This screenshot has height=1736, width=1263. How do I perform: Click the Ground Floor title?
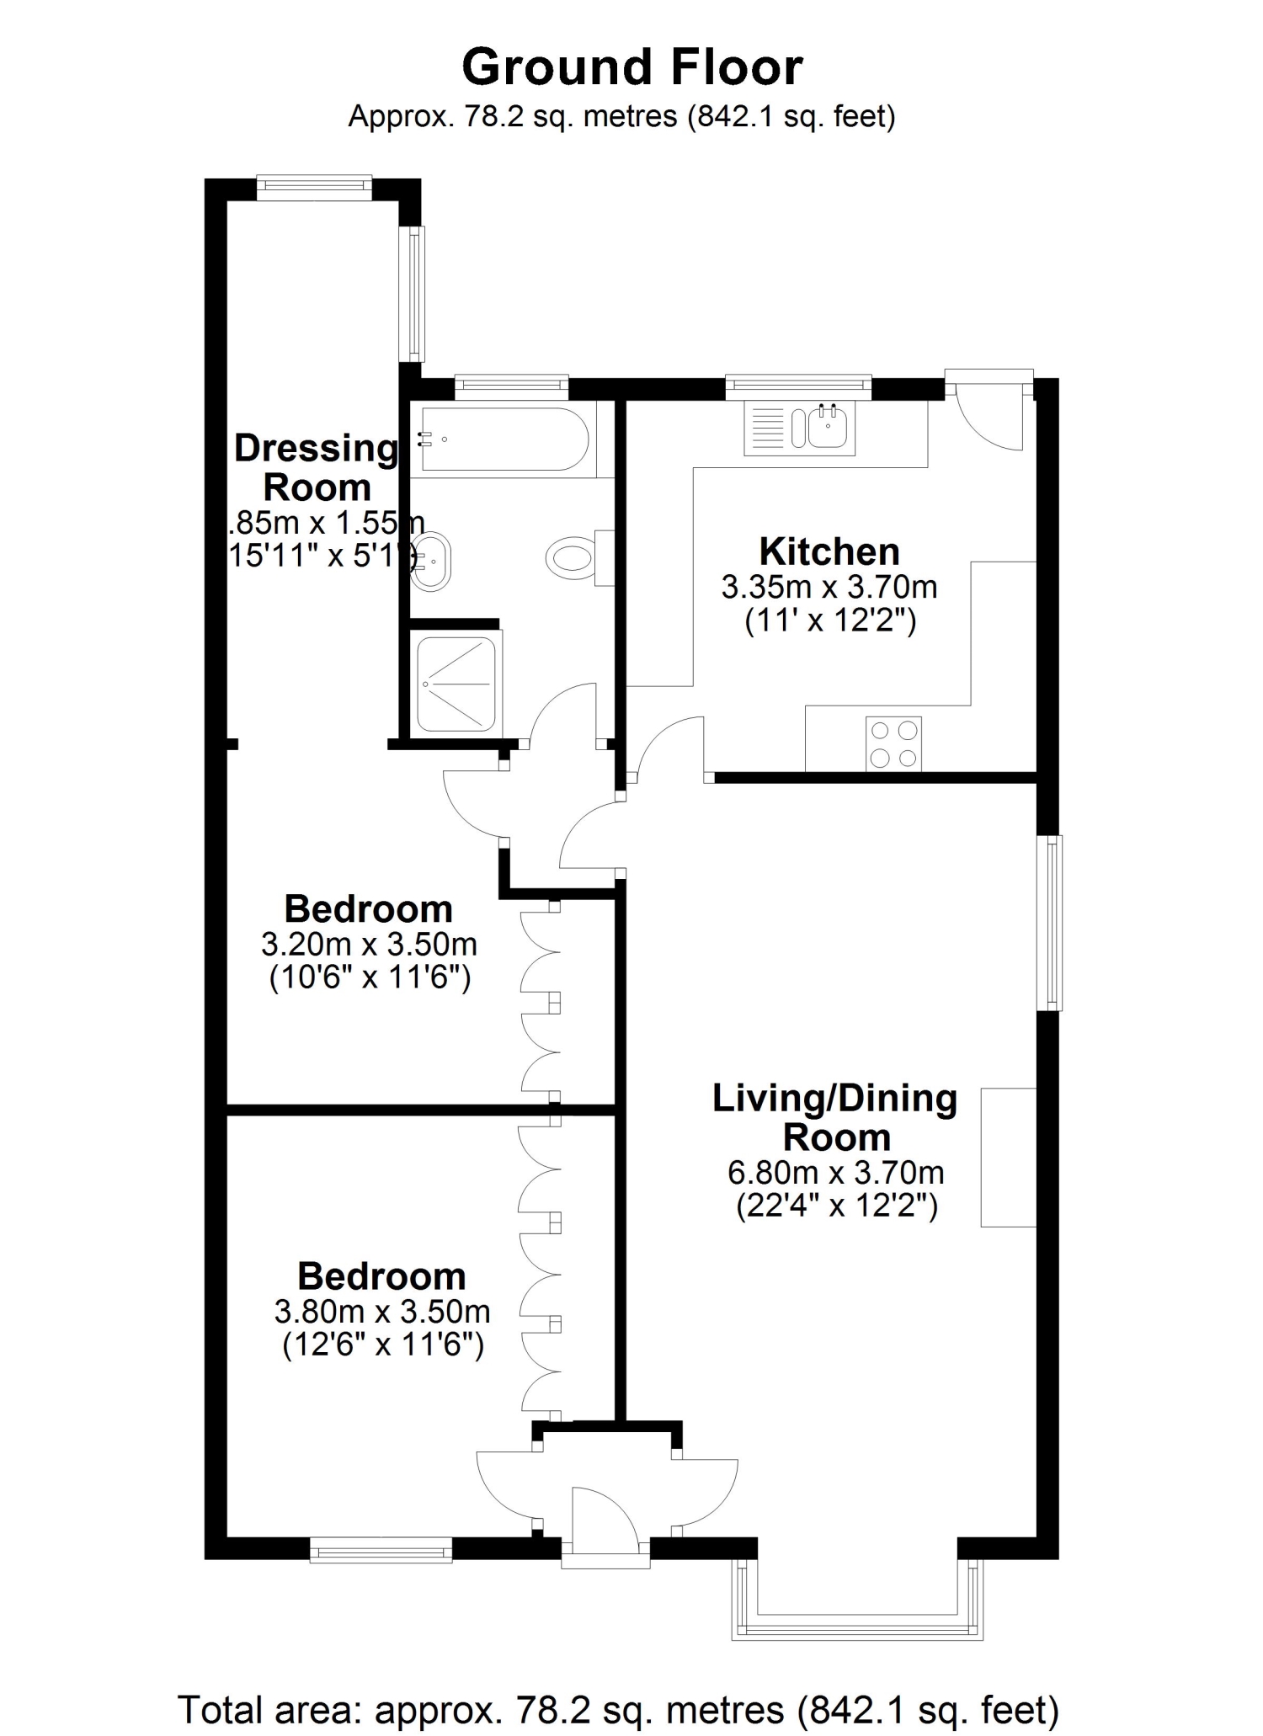[x=631, y=67]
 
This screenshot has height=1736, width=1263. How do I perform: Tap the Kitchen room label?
[x=829, y=552]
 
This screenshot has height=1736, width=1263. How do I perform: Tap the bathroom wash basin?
[x=434, y=562]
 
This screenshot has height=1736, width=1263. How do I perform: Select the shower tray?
[x=456, y=683]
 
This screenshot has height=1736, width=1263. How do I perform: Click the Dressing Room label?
[x=317, y=467]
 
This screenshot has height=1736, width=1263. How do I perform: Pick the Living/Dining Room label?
[x=835, y=1118]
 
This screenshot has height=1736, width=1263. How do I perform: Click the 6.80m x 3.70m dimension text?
[x=835, y=1172]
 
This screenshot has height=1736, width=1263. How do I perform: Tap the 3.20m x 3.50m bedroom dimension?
[x=369, y=945]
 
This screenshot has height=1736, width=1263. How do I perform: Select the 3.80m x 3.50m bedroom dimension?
[x=382, y=1312]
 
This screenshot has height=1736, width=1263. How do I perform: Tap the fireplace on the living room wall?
[x=1008, y=1157]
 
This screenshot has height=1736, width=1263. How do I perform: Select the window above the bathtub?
[x=511, y=386]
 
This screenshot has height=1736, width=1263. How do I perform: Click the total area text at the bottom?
[x=618, y=1710]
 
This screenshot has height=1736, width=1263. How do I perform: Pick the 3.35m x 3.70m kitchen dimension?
[x=829, y=587]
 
